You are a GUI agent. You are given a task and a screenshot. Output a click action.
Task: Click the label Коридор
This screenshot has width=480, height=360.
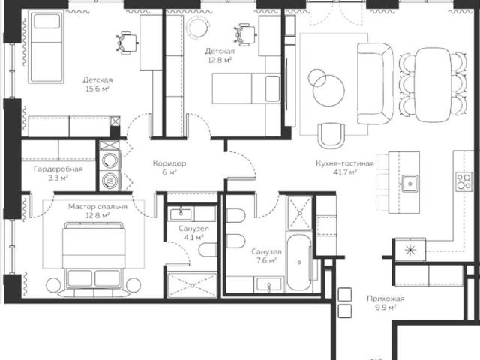(169, 163)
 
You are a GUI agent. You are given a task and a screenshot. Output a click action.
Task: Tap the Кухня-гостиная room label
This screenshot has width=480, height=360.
(345, 163)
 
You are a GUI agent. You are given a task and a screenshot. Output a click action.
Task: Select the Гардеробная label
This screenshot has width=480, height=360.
(58, 169)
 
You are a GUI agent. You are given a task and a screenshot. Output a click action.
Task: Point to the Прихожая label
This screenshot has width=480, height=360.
(385, 298)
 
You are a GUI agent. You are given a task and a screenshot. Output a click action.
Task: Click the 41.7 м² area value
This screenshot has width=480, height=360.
(345, 172)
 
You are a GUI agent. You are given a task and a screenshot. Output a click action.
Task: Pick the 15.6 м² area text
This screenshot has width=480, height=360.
(97, 88)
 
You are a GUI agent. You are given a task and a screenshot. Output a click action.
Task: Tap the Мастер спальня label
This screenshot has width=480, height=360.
(97, 207)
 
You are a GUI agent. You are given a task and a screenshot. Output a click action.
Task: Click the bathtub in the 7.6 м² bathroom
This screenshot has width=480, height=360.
(299, 262)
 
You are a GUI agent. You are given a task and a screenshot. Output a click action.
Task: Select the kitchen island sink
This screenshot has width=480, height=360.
(410, 183)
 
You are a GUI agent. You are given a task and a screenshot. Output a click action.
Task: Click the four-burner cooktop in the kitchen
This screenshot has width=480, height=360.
(464, 181)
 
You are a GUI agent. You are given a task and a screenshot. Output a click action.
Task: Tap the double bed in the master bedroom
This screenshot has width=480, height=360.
(94, 259)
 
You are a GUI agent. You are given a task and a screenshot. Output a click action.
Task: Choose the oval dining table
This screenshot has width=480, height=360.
(433, 85)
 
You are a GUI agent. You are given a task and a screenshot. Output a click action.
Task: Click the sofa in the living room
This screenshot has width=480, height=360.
(375, 83)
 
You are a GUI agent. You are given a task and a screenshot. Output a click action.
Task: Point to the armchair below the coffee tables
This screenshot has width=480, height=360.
(331, 136)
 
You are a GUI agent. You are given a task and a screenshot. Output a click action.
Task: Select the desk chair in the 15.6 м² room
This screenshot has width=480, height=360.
(127, 43)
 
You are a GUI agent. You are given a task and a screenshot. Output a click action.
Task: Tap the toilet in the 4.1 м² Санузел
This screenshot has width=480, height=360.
(208, 250)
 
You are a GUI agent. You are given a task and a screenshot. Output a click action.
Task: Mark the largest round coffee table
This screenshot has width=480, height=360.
(328, 91)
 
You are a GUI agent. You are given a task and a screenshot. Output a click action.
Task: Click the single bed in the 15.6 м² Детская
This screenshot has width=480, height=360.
(46, 46)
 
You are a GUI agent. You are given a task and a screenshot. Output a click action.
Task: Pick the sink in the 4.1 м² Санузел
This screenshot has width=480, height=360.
(181, 214)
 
